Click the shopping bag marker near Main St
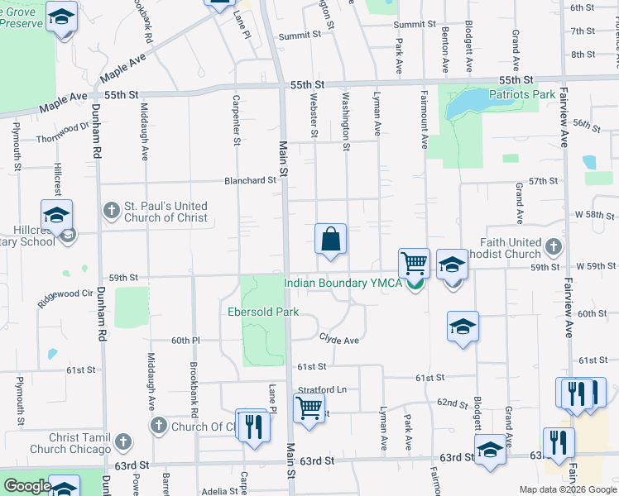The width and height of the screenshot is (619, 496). [330, 240]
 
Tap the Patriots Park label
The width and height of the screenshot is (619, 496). [522, 94]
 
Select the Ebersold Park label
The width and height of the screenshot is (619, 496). [262, 312]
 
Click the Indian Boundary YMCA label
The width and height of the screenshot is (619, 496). [343, 283]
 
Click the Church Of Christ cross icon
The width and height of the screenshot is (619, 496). [159, 426]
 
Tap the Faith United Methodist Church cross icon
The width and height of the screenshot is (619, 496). [554, 246]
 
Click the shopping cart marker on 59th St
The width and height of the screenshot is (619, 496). [414, 264]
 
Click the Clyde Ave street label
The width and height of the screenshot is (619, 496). [339, 339]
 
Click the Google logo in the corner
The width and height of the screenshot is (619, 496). [26, 486]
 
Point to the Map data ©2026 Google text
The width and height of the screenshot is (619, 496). [568, 489]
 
